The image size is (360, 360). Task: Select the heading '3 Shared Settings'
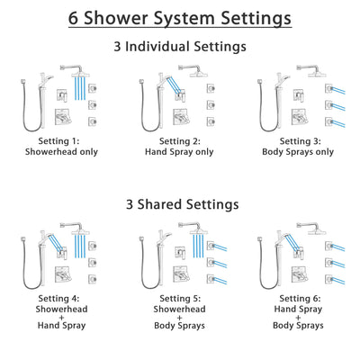tap(179, 204)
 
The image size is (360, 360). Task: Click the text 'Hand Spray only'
tap(179, 153)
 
